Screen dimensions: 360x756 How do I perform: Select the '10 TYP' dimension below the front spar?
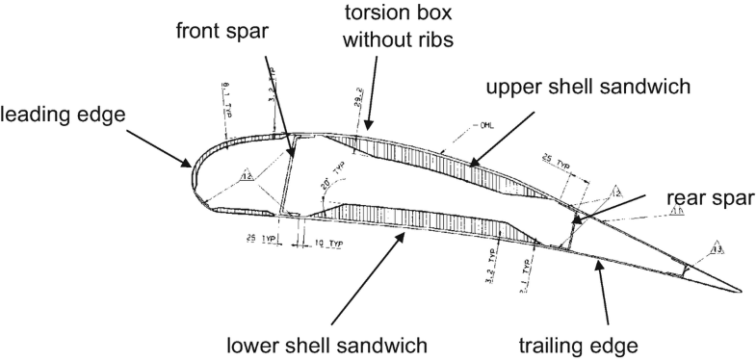coord(326,244)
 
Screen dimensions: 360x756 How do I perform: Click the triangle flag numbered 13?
coord(717,248)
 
